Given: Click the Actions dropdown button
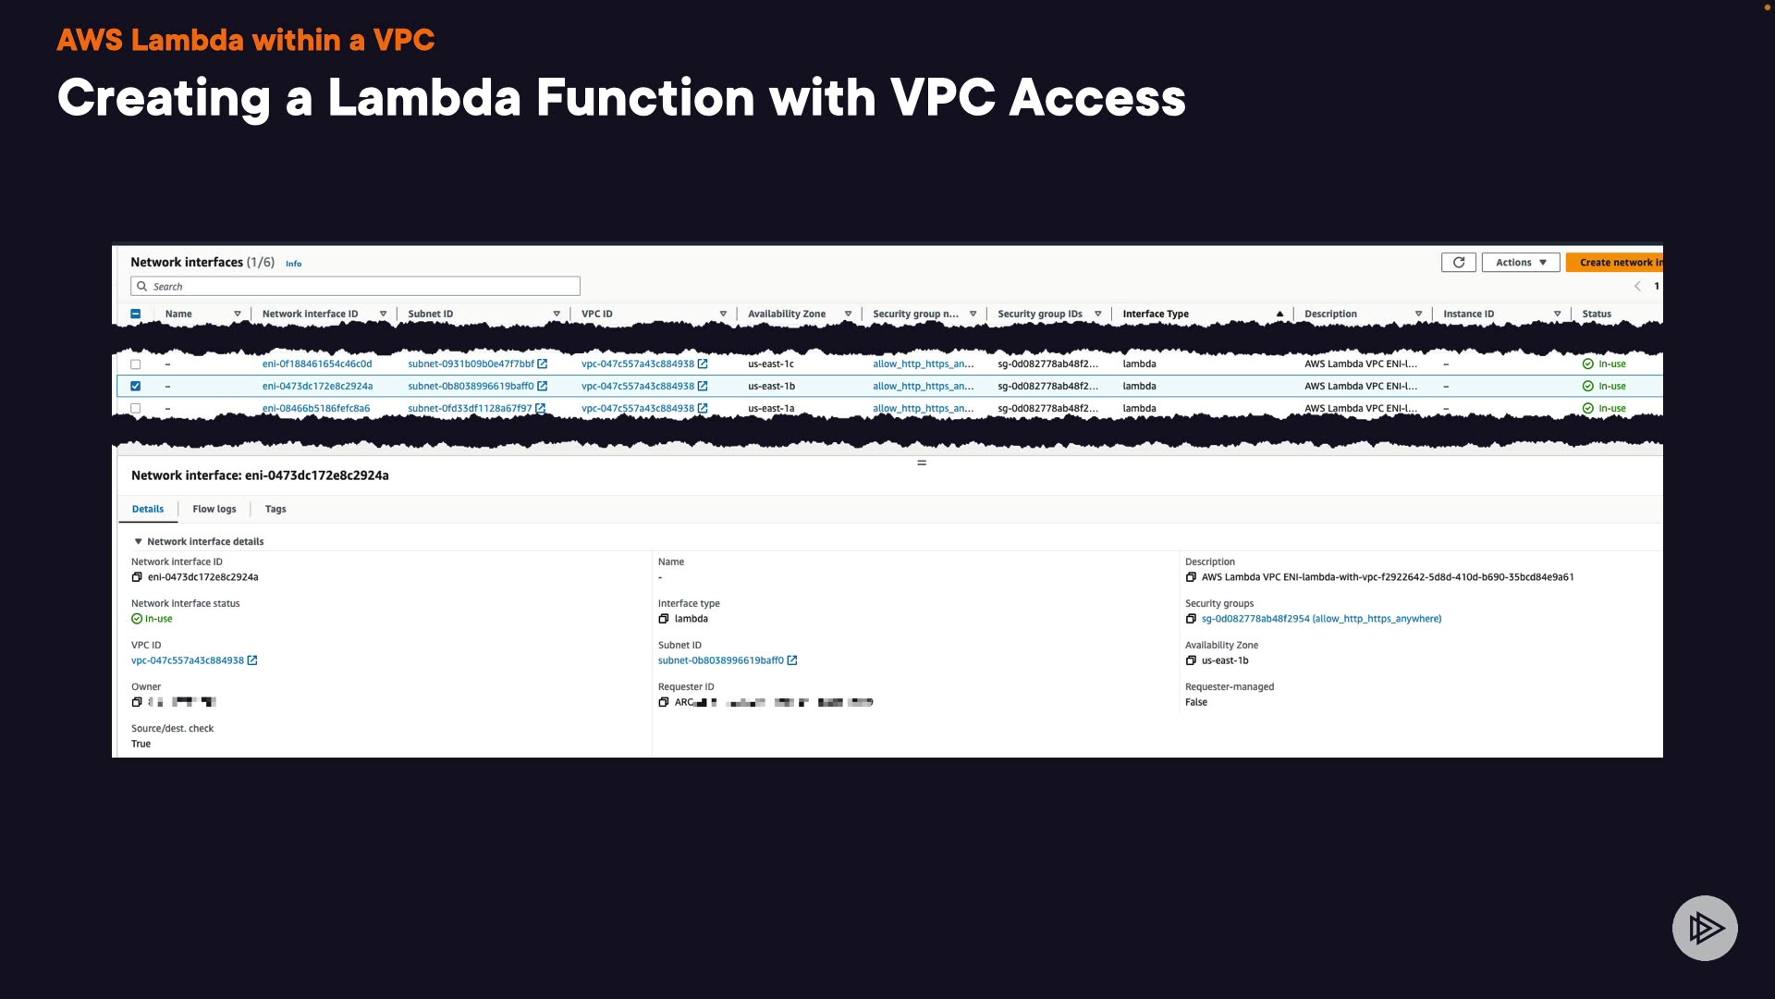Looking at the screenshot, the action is click(x=1520, y=263).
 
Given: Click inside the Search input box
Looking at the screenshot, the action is click(x=361, y=287).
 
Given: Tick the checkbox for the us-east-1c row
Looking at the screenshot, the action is click(x=136, y=364).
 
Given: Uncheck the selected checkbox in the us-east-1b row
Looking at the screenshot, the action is click(x=136, y=387).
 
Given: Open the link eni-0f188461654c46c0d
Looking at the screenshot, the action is click(x=317, y=364).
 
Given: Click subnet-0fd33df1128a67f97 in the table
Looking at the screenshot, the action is click(x=470, y=409).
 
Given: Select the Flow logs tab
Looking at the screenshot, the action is click(x=214, y=510).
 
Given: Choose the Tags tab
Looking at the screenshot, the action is click(x=275, y=510).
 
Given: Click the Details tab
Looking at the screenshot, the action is click(x=148, y=510).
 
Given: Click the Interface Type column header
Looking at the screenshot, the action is click(x=1156, y=314).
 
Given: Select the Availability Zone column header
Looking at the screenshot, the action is click(x=786, y=314).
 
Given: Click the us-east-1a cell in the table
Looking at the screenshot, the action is click(x=771, y=409).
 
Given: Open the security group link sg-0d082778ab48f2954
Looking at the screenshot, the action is click(x=1321, y=619).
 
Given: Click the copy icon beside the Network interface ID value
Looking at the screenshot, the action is click(x=137, y=577).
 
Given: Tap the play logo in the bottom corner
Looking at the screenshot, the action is click(x=1705, y=928).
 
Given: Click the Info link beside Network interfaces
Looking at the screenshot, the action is click(x=293, y=265).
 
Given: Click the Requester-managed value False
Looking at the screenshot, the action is click(x=1196, y=703).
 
